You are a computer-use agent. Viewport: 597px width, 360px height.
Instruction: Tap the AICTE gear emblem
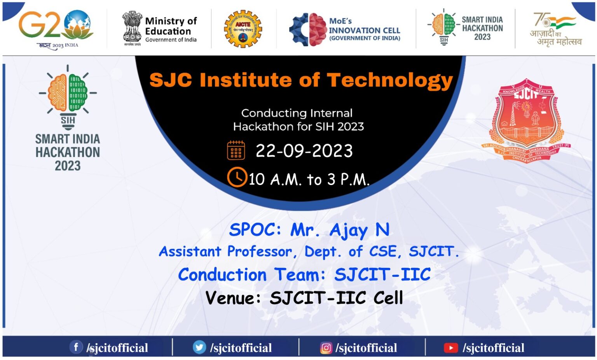pyautogui.click(x=243, y=29)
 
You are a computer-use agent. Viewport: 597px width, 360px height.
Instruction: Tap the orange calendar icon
pyautogui.click(x=236, y=150)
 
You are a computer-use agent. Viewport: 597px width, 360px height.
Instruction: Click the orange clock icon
pyautogui.click(x=237, y=177)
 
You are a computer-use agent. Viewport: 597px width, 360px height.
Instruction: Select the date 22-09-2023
pyautogui.click(x=304, y=151)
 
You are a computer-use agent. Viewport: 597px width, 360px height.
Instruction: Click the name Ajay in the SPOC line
pyautogui.click(x=348, y=231)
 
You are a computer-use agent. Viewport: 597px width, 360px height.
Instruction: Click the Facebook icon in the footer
pyautogui.click(x=76, y=347)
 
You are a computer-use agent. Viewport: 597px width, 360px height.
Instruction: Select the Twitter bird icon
pyautogui.click(x=199, y=347)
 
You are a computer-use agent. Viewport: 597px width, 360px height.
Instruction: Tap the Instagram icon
pyautogui.click(x=326, y=348)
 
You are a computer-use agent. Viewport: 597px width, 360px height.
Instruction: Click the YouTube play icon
pyautogui.click(x=450, y=348)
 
